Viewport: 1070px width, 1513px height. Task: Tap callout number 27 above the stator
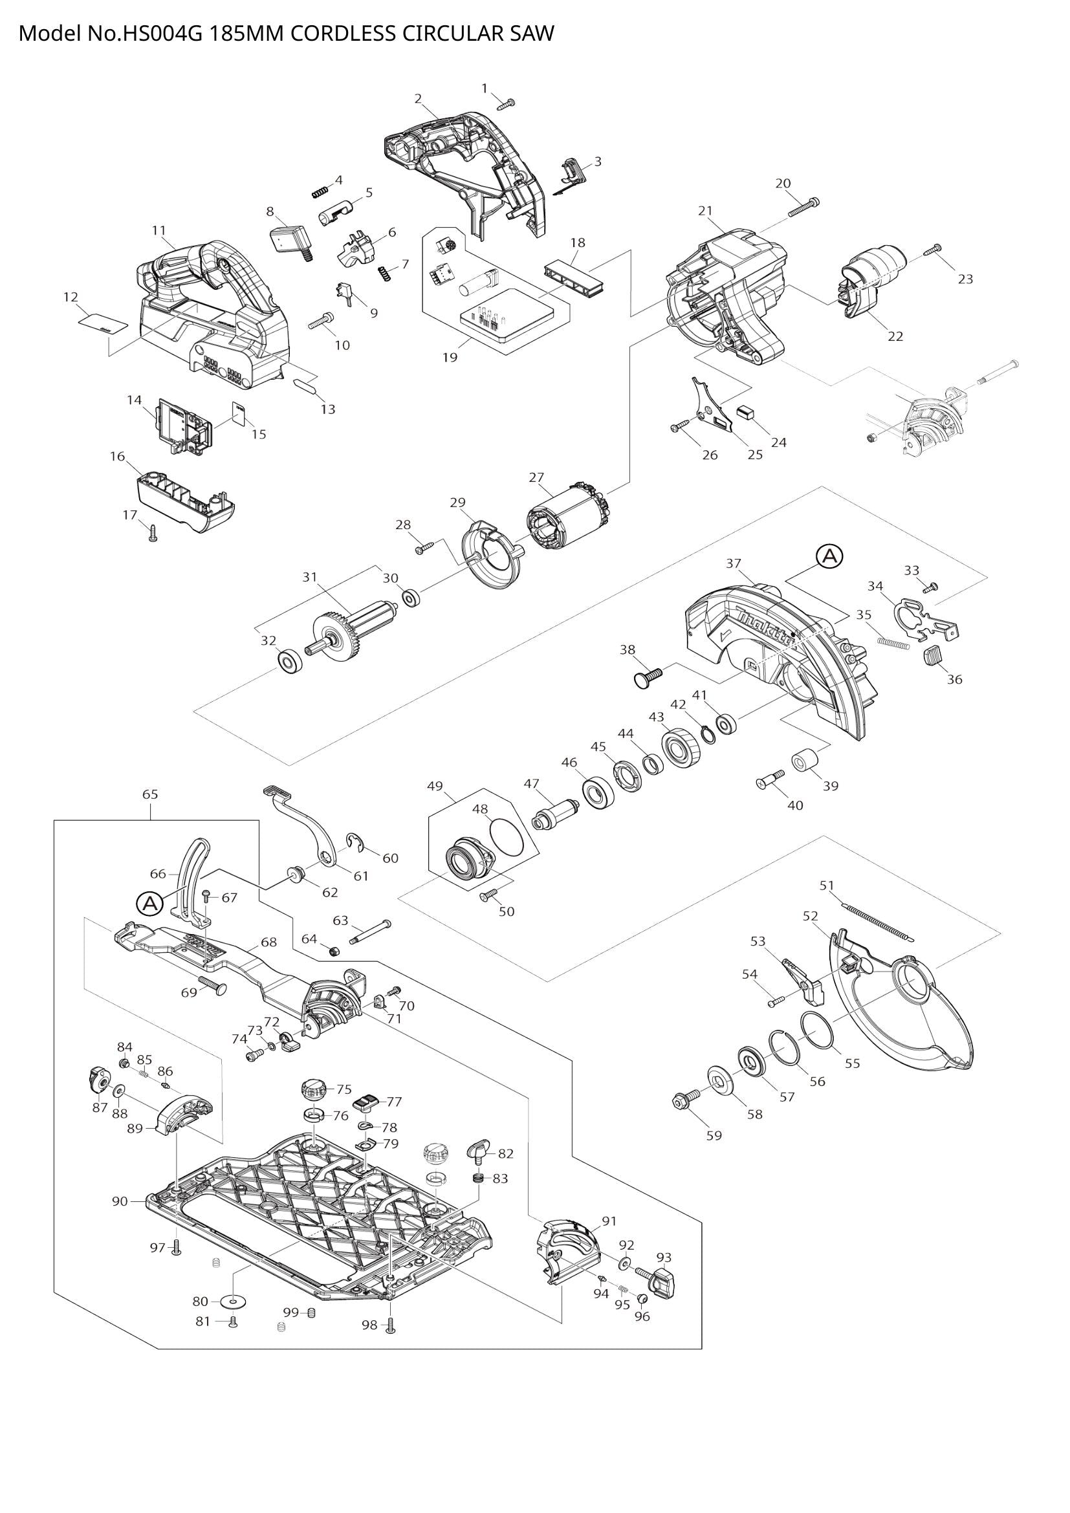click(536, 477)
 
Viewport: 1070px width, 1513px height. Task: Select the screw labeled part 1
click(507, 103)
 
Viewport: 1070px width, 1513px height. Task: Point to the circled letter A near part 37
click(829, 556)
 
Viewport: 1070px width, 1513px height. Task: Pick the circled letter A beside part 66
click(149, 904)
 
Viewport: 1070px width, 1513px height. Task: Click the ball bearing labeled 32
click(289, 661)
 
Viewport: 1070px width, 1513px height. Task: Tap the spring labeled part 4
click(320, 191)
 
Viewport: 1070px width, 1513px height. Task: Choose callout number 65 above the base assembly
click(150, 794)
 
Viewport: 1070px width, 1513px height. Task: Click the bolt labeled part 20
click(803, 206)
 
